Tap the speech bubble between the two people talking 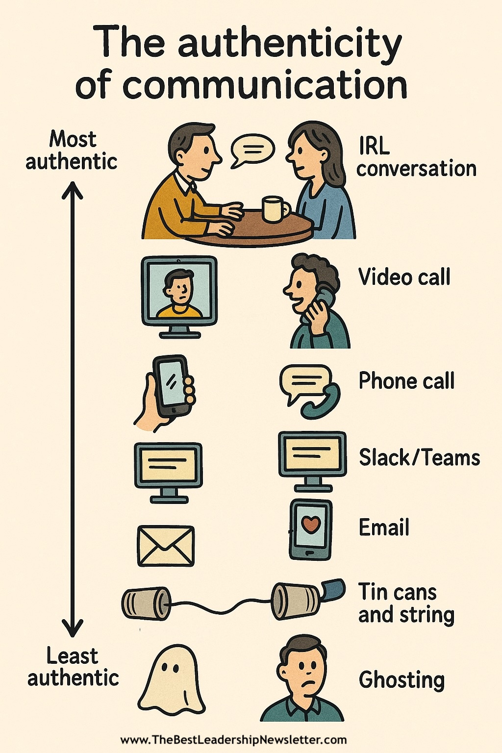point(252,150)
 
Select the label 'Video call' point(404,277)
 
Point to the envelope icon point(166,546)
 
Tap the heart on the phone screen point(310,526)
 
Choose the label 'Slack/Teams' point(419,457)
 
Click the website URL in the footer point(233,740)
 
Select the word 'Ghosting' point(402,680)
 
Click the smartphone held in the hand point(171,386)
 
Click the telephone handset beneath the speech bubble point(322,403)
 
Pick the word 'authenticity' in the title point(290,43)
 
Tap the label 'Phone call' point(406,381)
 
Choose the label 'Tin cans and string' point(405,603)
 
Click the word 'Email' point(384,527)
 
